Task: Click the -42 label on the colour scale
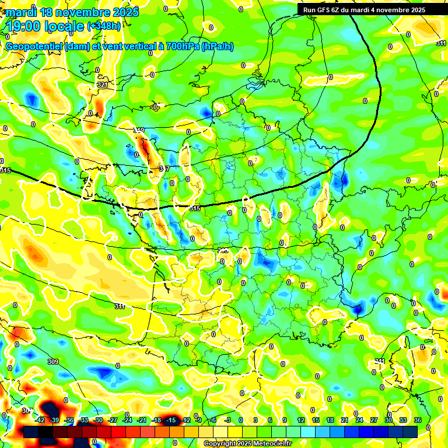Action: pyautogui.click(x=40, y=420)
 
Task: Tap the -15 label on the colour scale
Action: pyautogui.click(x=171, y=420)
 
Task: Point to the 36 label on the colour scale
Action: pyautogui.click(x=418, y=420)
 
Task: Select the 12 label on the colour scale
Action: pyautogui.click(x=300, y=420)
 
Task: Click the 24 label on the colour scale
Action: pyautogui.click(x=359, y=420)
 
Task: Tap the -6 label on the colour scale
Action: pyautogui.click(x=213, y=420)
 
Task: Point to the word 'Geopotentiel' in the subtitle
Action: pyautogui.click(x=34, y=47)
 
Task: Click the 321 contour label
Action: pyautogui.click(x=102, y=85)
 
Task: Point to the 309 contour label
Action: pyautogui.click(x=52, y=362)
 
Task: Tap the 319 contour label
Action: pyautogui.click(x=139, y=130)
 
